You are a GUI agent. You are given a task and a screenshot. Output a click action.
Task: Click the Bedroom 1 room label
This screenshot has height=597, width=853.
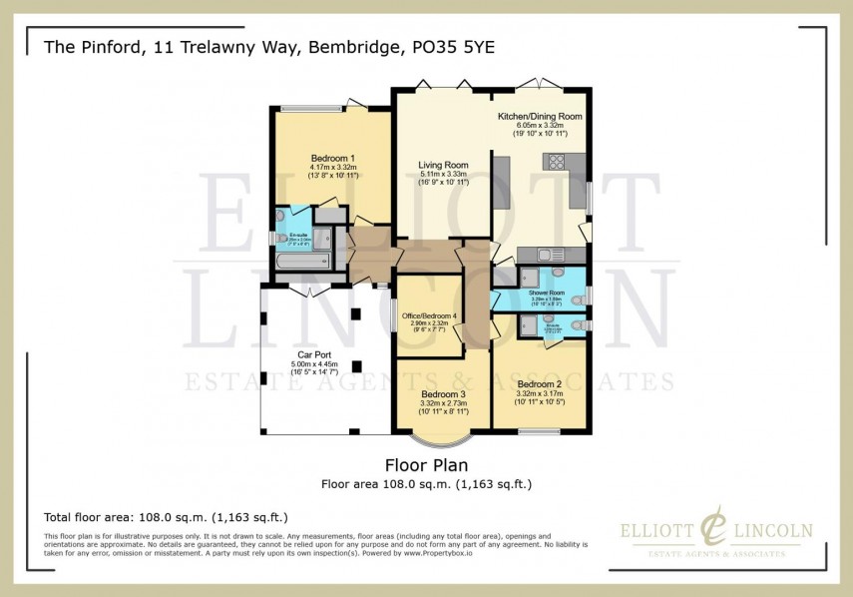[x=333, y=159]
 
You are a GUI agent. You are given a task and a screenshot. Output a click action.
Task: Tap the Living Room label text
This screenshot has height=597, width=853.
[x=443, y=165]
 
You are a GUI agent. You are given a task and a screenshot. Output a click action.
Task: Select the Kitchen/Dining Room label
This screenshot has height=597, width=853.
[x=539, y=117]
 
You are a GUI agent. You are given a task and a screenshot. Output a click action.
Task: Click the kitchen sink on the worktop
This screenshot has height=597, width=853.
[x=544, y=254]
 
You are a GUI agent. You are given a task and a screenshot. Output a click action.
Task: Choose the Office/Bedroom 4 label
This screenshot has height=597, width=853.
[x=429, y=316]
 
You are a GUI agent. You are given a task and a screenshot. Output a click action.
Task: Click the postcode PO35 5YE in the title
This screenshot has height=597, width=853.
[x=467, y=46]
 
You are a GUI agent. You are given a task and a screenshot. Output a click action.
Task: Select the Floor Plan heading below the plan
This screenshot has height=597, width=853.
[x=426, y=465]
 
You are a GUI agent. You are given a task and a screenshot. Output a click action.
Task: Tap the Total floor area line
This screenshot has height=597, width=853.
[x=166, y=517]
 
